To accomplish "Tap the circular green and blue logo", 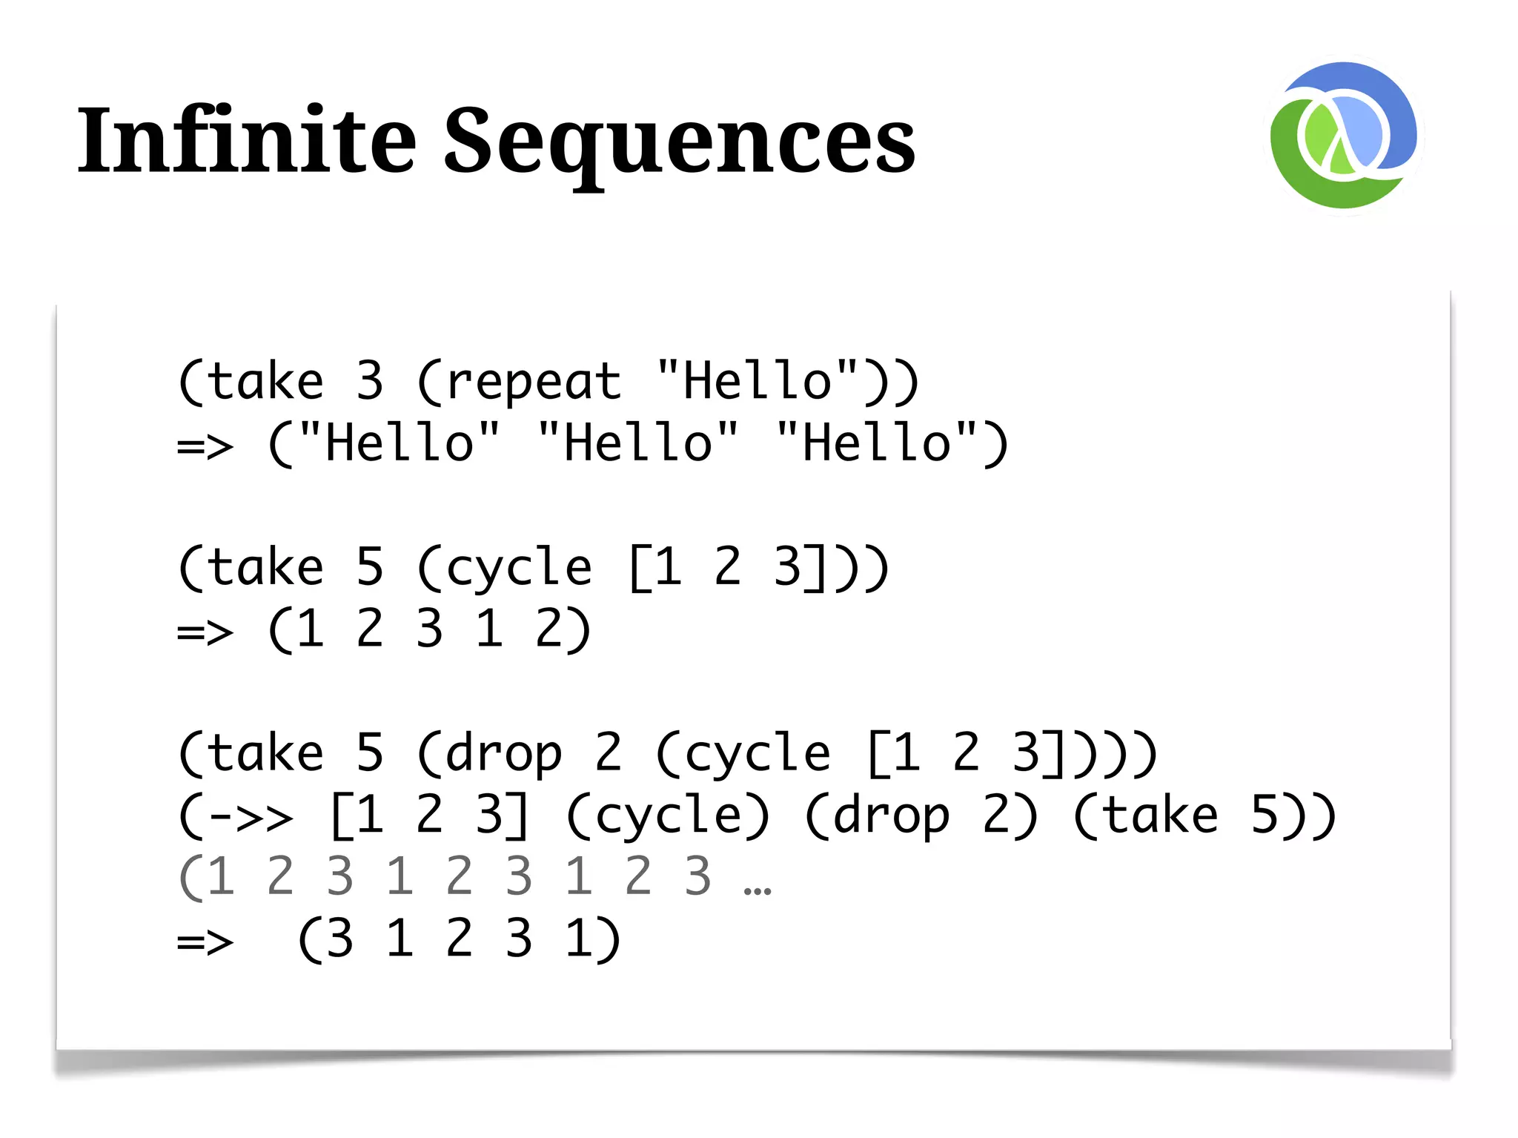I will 1343,136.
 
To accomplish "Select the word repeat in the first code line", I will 534,383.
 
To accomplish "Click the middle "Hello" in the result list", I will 638,443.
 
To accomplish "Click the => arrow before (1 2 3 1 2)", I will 205,632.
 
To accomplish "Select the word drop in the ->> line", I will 892,816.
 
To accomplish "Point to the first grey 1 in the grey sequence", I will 220,877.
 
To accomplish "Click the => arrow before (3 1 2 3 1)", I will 205,942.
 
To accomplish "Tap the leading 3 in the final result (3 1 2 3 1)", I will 339,939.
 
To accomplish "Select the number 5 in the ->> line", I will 1265,816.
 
